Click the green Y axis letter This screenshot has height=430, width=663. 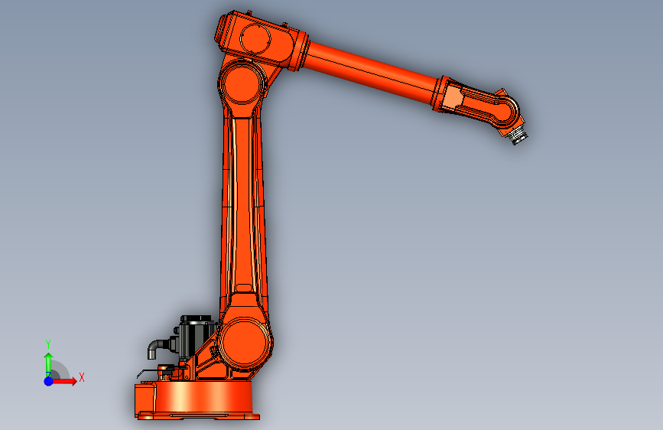tap(48, 344)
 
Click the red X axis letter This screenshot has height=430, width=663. tap(82, 377)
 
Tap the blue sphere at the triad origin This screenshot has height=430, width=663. tap(49, 381)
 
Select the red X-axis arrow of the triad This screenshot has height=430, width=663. tap(63, 381)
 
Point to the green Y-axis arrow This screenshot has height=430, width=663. tap(49, 365)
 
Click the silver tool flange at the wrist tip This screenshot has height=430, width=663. tap(518, 136)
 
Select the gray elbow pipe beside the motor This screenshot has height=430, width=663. tap(158, 347)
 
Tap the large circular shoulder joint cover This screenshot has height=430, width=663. tap(244, 344)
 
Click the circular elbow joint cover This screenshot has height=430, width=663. tap(242, 83)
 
